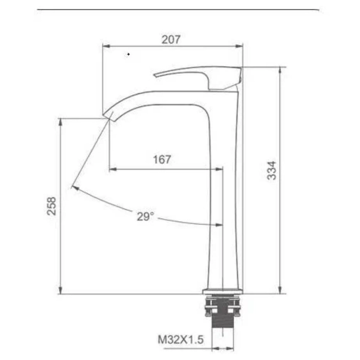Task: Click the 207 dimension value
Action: point(171,40)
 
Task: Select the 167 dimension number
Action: point(162,159)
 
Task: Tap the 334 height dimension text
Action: point(272,171)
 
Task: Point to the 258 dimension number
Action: point(51,206)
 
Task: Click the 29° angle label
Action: point(145,216)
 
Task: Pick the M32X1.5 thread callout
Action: point(181,339)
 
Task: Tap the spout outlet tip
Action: point(108,116)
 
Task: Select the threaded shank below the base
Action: point(223,326)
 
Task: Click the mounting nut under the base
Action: point(223,306)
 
